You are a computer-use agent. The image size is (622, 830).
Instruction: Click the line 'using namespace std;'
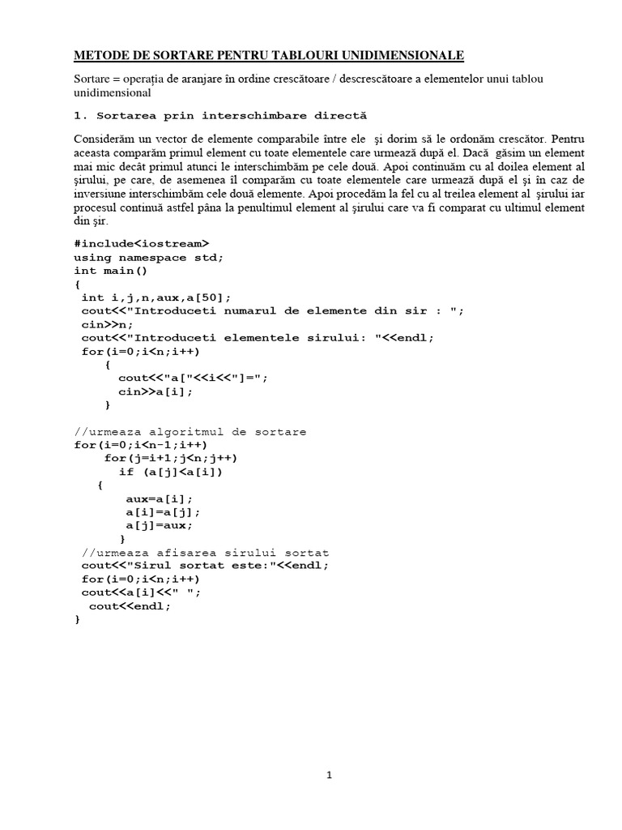click(x=148, y=257)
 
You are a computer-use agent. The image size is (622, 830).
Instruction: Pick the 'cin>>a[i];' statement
click(x=156, y=391)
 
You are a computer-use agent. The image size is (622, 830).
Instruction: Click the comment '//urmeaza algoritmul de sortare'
click(x=190, y=432)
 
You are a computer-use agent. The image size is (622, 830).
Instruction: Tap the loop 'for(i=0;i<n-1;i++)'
click(x=140, y=445)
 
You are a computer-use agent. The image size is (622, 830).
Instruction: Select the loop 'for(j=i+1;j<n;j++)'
click(x=171, y=458)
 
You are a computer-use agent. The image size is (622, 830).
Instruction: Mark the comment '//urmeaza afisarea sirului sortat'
click(x=206, y=553)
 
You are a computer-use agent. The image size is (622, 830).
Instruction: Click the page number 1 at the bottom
click(x=329, y=775)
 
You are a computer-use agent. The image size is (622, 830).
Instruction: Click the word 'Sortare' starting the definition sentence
click(x=92, y=78)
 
